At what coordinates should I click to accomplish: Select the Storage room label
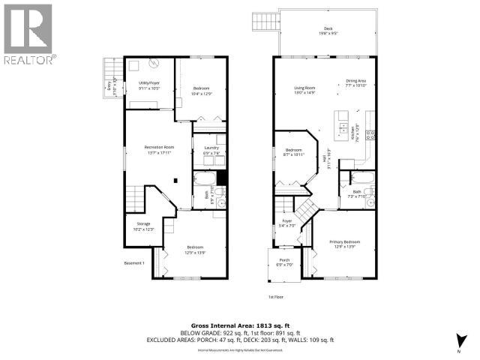tap(143, 227)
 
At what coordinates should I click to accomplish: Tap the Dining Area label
tap(355, 82)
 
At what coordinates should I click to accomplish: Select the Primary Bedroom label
tap(344, 244)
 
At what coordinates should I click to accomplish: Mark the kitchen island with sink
tap(342, 120)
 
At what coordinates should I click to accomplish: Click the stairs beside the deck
tap(263, 22)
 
